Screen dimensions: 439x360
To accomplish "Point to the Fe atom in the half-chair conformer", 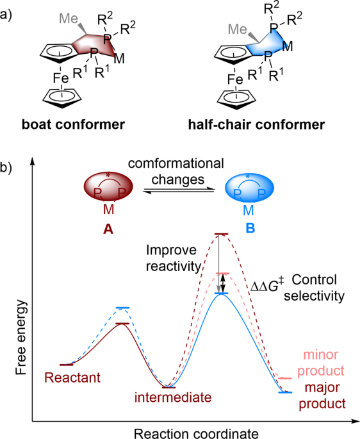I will point(236,79).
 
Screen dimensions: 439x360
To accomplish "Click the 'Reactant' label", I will point(72,378).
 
